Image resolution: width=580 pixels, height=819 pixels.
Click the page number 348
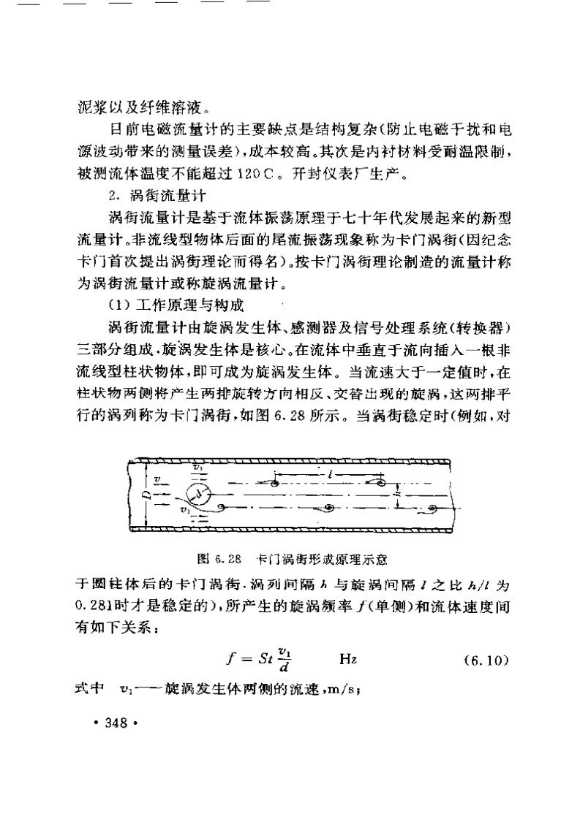(x=116, y=723)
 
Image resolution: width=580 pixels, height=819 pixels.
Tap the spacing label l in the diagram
(x=331, y=473)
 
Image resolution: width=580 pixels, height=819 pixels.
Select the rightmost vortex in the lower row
(x=432, y=507)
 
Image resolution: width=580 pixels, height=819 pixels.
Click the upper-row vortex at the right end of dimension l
(x=381, y=481)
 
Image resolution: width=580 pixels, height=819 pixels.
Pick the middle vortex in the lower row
(x=328, y=507)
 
